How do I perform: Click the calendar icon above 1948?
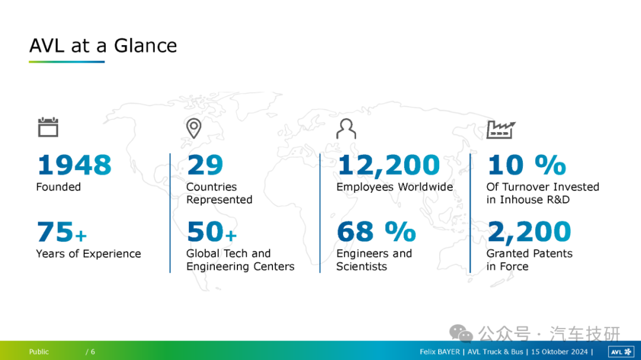48,127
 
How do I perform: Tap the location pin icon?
193,128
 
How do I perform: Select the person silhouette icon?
346,129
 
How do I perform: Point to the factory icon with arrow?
501,130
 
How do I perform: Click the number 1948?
74,165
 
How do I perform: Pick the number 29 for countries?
205,165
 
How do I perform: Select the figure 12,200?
388,165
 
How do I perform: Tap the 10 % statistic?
527,165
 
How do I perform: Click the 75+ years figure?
62,232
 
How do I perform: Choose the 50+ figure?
212,232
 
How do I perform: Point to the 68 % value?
376,232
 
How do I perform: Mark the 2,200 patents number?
529,232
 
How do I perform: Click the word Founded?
58,187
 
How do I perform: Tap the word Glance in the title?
145,45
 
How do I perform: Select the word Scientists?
362,266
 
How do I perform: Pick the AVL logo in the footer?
621,352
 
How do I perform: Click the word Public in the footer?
39,352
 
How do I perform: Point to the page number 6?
93,352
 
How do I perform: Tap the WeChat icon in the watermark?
461,333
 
